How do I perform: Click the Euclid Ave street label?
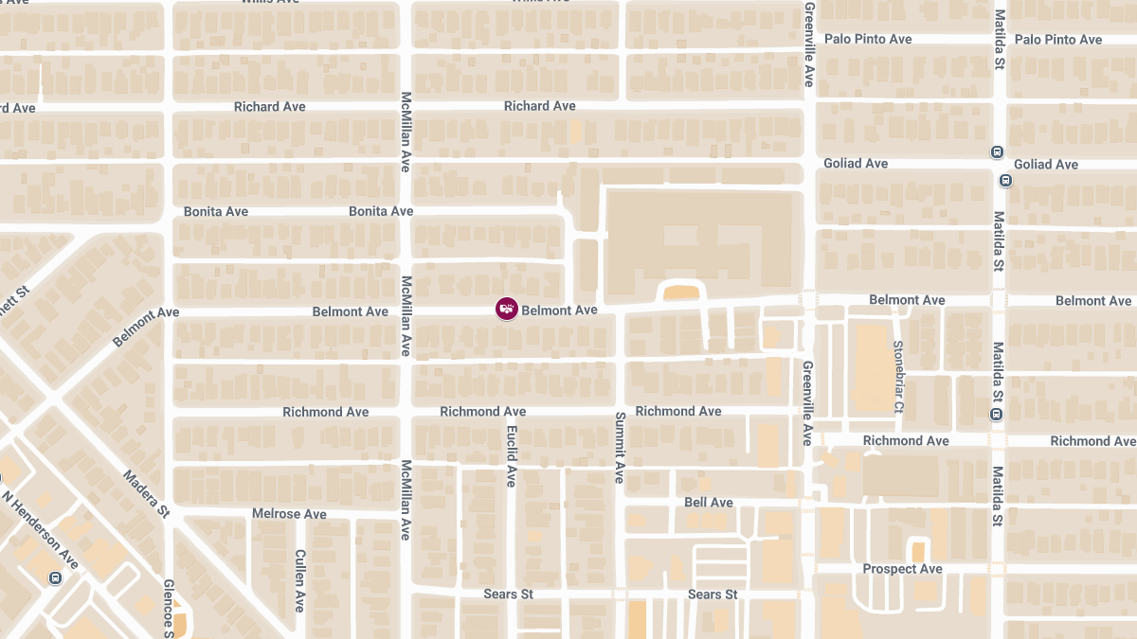click(x=511, y=456)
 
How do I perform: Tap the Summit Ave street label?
click(x=620, y=448)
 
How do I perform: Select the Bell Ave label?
click(x=709, y=503)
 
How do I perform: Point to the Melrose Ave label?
click(x=289, y=514)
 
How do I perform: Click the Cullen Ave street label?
click(x=300, y=580)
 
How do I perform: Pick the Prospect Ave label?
click(x=902, y=569)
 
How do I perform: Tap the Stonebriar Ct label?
click(x=898, y=377)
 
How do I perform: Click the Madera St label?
click(x=146, y=493)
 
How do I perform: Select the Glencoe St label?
click(x=169, y=606)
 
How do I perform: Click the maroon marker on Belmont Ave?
click(x=507, y=309)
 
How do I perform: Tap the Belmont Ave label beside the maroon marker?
click(x=559, y=310)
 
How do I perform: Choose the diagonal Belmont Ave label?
click(x=145, y=327)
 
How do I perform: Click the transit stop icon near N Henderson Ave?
click(x=55, y=578)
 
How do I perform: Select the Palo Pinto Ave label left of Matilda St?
click(x=868, y=39)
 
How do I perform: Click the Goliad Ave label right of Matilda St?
click(x=1046, y=164)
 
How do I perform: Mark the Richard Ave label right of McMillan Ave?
click(x=539, y=106)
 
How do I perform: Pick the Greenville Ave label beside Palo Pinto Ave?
click(x=809, y=45)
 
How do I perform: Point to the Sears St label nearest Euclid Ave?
click(x=508, y=595)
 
